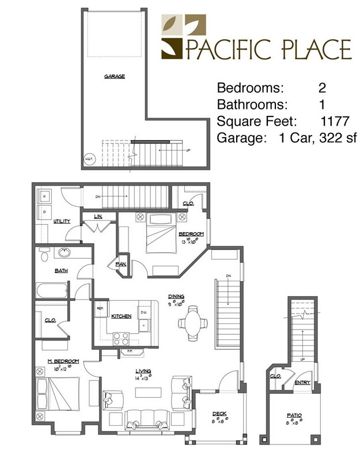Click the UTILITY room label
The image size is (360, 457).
click(62, 221)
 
